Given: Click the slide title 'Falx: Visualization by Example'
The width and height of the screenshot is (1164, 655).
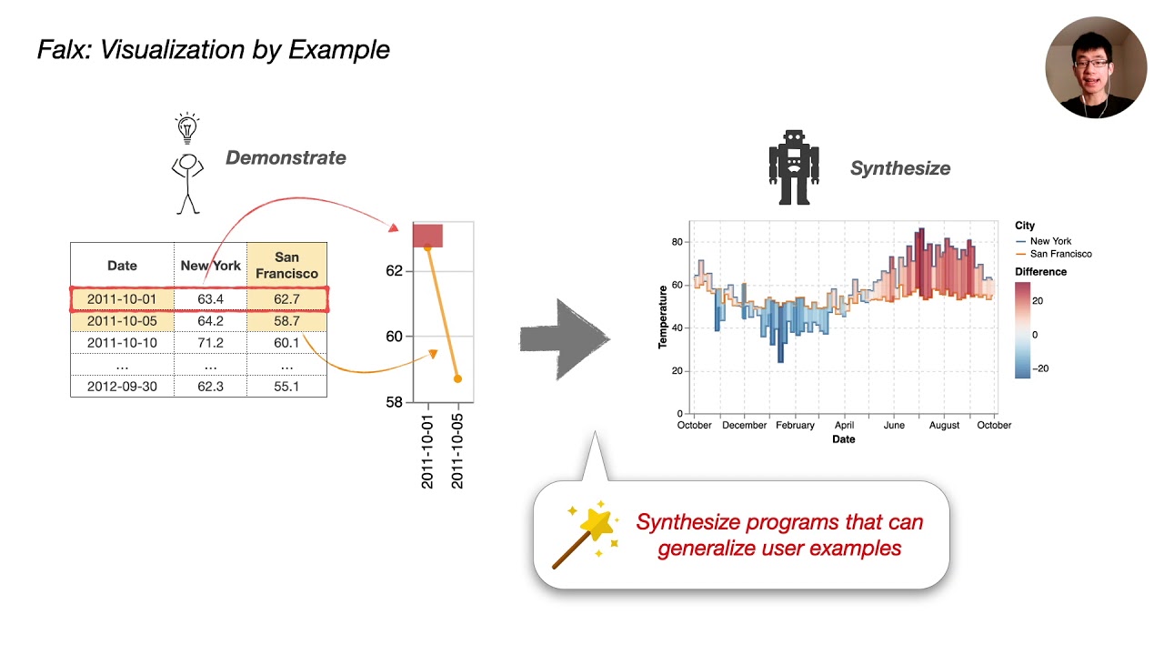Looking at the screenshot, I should pyautogui.click(x=213, y=49).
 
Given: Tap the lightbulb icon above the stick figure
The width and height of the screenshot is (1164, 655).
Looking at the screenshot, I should pyautogui.click(x=187, y=127).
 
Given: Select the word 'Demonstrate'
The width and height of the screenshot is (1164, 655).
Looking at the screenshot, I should pyautogui.click(x=286, y=157).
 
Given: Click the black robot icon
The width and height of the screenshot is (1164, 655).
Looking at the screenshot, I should pyautogui.click(x=794, y=167).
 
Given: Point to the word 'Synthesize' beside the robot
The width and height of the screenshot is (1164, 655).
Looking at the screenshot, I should pyautogui.click(x=899, y=168).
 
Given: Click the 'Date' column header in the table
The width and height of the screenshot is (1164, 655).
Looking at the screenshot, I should pyautogui.click(x=122, y=266).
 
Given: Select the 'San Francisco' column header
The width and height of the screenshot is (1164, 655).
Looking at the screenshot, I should pyautogui.click(x=286, y=266).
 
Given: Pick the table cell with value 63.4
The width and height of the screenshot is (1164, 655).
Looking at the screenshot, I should pyautogui.click(x=210, y=299).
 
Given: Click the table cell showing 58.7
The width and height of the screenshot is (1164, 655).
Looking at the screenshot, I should pyautogui.click(x=286, y=321).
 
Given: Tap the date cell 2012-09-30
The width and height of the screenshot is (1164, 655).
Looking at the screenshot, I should pyautogui.click(x=122, y=387).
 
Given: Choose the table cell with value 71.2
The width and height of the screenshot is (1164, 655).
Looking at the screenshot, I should pyautogui.click(x=210, y=343).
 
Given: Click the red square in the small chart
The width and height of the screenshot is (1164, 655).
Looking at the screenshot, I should pyautogui.click(x=427, y=236).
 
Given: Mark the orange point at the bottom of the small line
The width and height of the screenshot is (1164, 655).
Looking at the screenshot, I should pyautogui.click(x=457, y=378).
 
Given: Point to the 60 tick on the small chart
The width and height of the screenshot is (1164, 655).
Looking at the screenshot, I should pyautogui.click(x=393, y=337).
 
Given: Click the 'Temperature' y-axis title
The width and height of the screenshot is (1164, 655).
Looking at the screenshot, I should pyautogui.click(x=663, y=317).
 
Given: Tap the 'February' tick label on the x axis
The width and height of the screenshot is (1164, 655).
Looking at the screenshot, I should pyautogui.click(x=795, y=425).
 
